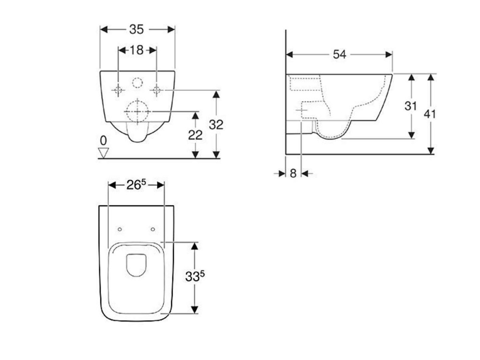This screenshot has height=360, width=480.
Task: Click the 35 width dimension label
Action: [136, 30]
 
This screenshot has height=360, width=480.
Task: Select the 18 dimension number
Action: [136, 50]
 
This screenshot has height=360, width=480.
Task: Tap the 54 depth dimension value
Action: [339, 54]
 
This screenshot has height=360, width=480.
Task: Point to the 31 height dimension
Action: [411, 106]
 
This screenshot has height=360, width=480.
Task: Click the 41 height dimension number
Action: [429, 113]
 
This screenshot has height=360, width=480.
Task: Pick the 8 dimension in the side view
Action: [293, 173]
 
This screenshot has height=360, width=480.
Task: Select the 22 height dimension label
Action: [195, 135]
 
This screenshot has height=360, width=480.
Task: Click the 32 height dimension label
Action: [216, 125]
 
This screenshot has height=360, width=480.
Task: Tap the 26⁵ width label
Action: [135, 185]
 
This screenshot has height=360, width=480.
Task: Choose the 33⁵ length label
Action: [195, 277]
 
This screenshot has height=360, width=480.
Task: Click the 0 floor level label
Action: [103, 140]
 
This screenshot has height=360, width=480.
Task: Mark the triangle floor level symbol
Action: [103, 152]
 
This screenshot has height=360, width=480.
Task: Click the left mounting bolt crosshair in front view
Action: [119, 90]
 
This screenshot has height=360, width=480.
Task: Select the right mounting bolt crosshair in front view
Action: [157, 90]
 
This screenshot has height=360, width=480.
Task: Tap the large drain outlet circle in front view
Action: [137, 112]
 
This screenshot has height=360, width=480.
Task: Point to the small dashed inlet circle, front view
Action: [137, 83]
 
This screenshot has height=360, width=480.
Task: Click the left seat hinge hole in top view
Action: [120, 229]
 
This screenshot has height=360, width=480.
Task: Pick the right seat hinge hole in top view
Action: [153, 229]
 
